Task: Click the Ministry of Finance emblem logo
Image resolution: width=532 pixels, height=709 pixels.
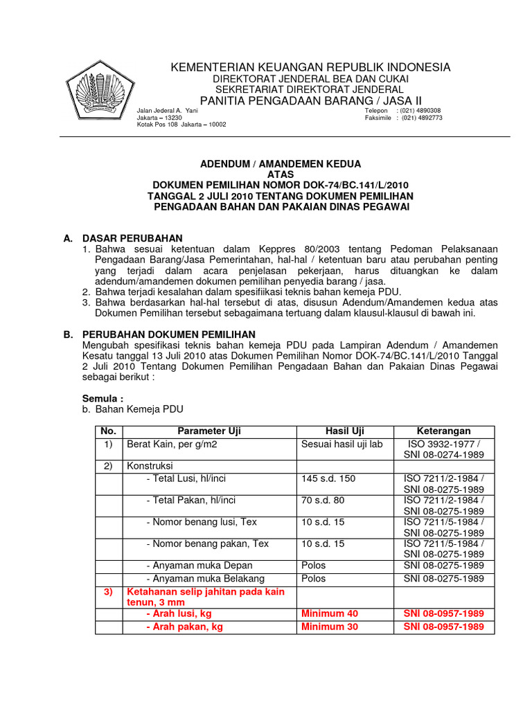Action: click(x=98, y=91)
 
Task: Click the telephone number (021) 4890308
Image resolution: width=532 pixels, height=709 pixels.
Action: click(x=421, y=111)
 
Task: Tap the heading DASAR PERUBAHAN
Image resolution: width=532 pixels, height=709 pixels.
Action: click(x=132, y=238)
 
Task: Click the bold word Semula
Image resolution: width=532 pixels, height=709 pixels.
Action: click(x=103, y=399)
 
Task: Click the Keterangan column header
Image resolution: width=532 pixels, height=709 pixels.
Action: click(x=443, y=431)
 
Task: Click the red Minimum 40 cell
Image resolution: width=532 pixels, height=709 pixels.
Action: click(x=330, y=613)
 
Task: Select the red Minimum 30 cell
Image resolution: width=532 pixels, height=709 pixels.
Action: click(x=330, y=627)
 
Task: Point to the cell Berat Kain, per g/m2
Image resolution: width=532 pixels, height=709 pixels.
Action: click(x=172, y=444)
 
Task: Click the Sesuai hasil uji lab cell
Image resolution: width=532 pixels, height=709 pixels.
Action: click(x=342, y=444)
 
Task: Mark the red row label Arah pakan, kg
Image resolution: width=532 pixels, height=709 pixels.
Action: click(x=184, y=627)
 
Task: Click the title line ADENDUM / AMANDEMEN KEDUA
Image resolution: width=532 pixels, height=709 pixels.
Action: click(x=281, y=164)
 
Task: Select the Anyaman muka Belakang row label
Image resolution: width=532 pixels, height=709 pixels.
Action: click(x=205, y=578)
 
